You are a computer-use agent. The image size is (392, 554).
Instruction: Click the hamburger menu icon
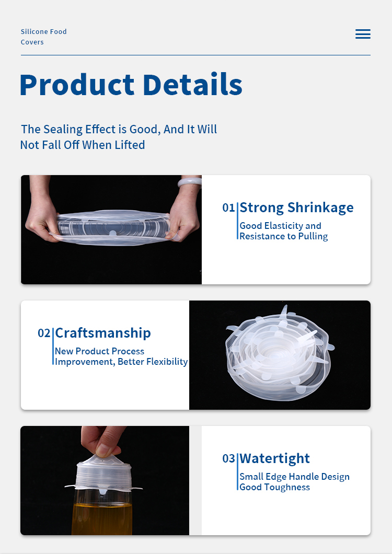[363, 34]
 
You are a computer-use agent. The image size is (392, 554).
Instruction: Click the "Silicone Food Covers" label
[43, 37]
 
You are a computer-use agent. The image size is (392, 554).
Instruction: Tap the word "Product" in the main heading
[77, 85]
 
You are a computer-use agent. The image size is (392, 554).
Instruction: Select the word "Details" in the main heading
[193, 84]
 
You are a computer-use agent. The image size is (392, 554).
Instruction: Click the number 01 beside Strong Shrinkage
[229, 207]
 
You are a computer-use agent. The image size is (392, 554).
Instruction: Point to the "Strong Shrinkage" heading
[296, 207]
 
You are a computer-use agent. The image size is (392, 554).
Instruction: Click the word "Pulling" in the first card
[313, 236]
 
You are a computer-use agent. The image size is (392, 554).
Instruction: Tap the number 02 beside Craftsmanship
[44, 333]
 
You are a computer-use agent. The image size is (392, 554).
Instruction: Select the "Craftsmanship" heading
[103, 333]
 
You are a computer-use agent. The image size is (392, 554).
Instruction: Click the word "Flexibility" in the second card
[167, 362]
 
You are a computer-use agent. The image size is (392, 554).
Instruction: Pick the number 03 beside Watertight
[229, 458]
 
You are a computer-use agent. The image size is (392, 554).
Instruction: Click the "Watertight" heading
[274, 458]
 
